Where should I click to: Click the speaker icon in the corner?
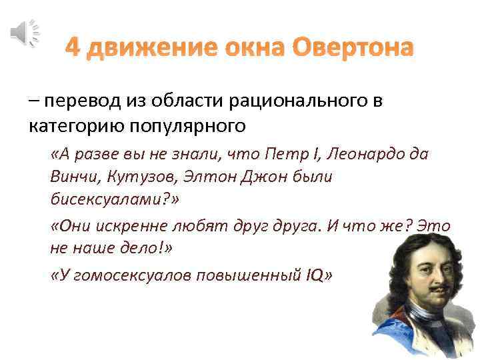click(25, 31)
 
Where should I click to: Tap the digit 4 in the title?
click(73, 48)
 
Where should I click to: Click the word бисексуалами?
click(111, 199)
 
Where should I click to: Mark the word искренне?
click(137, 225)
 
